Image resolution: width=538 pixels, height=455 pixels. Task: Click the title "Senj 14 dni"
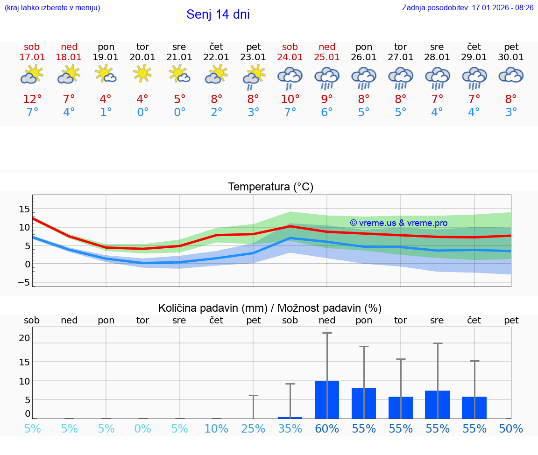pyautogui.click(x=218, y=14)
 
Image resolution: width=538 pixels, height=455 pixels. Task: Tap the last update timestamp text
pyautogui.click(x=467, y=7)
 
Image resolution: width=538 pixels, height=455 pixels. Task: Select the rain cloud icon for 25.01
pyautogui.click(x=327, y=77)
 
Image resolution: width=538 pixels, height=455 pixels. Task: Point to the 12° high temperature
pyautogui.click(x=32, y=99)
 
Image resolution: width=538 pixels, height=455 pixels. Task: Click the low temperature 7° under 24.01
pyautogui.click(x=290, y=112)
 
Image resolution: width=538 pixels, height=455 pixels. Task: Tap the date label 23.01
pyautogui.click(x=253, y=57)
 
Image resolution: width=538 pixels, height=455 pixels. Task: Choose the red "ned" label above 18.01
pyautogui.click(x=69, y=47)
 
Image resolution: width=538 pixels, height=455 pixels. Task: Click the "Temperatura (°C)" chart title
pyautogui.click(x=270, y=187)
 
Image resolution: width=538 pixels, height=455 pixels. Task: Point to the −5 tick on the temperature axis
pyautogui.click(x=24, y=282)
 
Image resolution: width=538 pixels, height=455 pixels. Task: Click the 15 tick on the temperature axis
pyautogui.click(x=24, y=209)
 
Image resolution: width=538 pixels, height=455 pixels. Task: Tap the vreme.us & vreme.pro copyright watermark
pyautogui.click(x=398, y=223)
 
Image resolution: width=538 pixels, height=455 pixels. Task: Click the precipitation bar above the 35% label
pyautogui.click(x=290, y=417)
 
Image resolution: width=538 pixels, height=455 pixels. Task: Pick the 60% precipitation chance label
pyautogui.click(x=327, y=429)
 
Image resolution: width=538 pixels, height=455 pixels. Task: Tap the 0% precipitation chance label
pyautogui.click(x=142, y=429)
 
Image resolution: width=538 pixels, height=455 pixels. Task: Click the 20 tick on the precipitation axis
pyautogui.click(x=24, y=338)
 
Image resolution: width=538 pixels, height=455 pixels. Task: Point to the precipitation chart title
pyautogui.click(x=270, y=308)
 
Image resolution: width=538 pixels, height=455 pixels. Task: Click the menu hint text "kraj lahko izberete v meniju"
pyautogui.click(x=52, y=7)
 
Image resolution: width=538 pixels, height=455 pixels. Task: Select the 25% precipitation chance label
pyautogui.click(x=253, y=429)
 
